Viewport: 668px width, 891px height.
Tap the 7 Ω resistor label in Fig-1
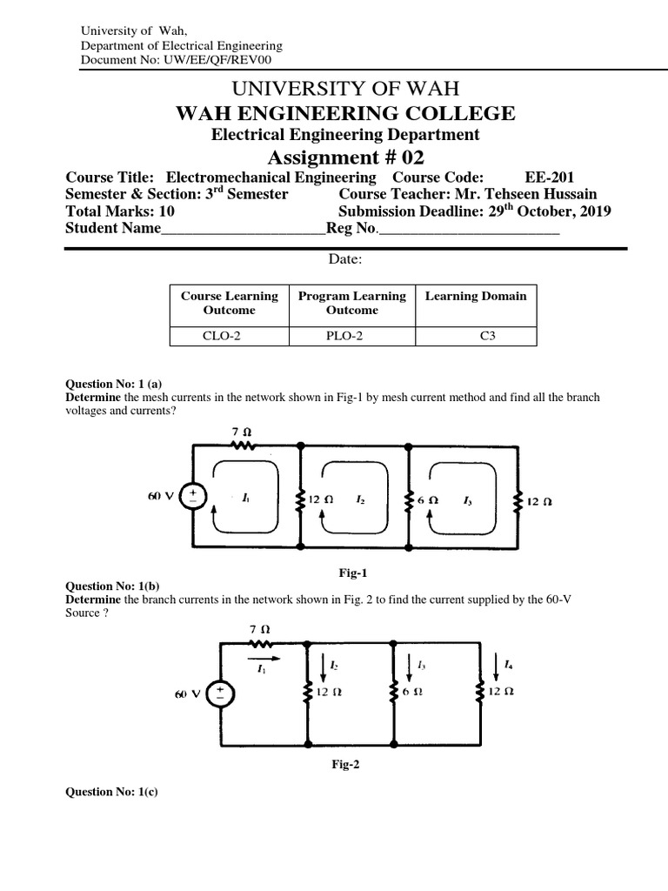pos(241,432)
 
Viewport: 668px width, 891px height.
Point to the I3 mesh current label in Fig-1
pos(468,501)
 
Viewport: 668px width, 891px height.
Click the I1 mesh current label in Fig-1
pos(246,499)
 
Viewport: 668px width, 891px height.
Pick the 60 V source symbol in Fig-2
pos(220,693)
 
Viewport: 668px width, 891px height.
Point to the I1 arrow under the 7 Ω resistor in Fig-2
pos(263,659)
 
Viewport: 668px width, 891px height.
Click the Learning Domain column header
pos(476,296)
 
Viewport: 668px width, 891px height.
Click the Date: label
pos(345,259)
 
